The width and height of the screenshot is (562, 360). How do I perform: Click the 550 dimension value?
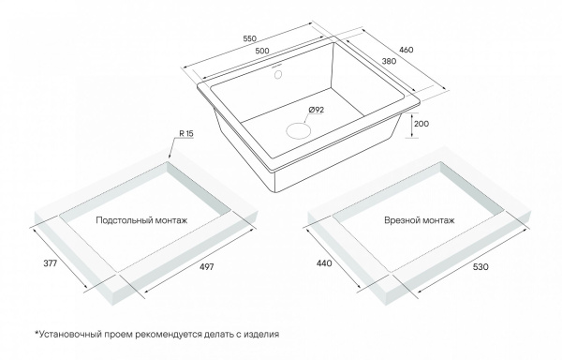tap(249, 38)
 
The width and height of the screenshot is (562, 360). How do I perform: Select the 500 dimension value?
tap(262, 51)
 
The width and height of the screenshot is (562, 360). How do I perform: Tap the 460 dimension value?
tap(407, 50)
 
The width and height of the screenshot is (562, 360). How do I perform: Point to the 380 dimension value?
tap(389, 61)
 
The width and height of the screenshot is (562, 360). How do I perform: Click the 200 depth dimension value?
tap(421, 124)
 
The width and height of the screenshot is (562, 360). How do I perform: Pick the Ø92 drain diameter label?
tap(316, 110)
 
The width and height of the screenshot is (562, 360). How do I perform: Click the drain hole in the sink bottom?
tap(298, 130)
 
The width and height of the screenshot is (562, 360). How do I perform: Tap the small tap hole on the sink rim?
tap(278, 74)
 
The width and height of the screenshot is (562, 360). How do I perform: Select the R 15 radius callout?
tap(186, 134)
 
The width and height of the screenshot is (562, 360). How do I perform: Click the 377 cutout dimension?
tap(51, 263)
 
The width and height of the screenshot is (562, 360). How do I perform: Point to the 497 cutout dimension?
tap(206, 266)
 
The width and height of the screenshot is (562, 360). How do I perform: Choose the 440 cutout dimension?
tap(324, 263)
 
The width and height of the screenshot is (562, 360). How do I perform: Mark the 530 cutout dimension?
tap(481, 266)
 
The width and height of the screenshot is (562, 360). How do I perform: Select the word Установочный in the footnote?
tap(70, 334)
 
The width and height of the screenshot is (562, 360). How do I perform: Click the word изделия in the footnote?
tap(261, 335)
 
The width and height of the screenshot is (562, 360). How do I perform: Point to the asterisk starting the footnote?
tap(37, 333)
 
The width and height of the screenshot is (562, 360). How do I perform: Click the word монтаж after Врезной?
tap(437, 220)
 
